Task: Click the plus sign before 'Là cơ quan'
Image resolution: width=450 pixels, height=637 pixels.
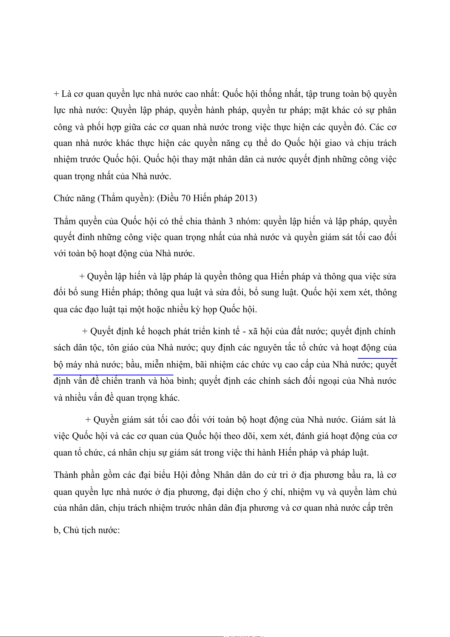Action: click(x=56, y=94)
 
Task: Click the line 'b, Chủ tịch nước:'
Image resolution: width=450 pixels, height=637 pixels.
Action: click(x=87, y=530)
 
